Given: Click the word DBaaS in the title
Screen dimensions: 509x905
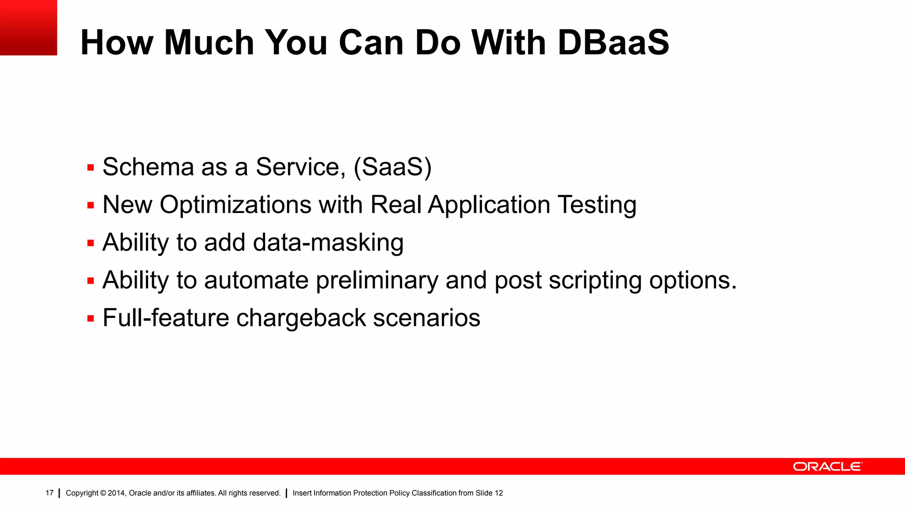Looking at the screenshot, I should [613, 42].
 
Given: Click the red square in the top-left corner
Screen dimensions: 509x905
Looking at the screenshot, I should [28, 27].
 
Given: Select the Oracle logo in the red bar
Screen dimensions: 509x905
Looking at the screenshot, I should [827, 467].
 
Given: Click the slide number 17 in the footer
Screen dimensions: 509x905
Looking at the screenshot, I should [49, 493].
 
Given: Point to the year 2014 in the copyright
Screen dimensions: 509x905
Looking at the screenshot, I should [116, 493].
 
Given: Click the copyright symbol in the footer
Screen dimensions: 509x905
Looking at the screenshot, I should [103, 493].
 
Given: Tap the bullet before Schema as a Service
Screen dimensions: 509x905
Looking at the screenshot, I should [91, 168].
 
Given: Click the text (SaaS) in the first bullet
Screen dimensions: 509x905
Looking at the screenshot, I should [392, 167].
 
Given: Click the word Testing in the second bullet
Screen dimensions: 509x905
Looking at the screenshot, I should [597, 205].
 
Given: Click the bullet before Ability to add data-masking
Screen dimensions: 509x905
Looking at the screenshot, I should [91, 243].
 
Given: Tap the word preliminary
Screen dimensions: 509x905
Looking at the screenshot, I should [377, 281].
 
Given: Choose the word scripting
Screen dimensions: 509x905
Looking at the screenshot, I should [595, 281].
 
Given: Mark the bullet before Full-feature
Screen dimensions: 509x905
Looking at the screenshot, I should [91, 319].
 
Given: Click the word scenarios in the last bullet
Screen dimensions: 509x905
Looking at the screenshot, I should [426, 318].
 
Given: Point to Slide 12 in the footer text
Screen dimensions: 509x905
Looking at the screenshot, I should [489, 493].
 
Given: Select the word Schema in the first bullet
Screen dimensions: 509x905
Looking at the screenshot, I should [148, 167].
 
